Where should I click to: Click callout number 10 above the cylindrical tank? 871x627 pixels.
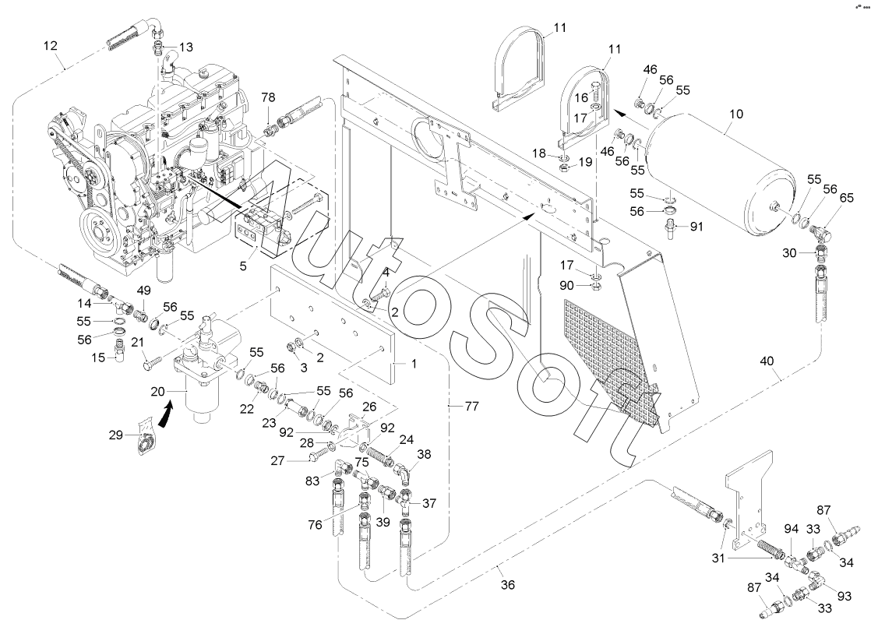[735, 114]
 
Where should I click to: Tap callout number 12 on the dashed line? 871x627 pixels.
[51, 46]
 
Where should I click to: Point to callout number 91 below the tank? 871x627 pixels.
[696, 227]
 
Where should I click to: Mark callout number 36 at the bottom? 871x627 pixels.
[507, 585]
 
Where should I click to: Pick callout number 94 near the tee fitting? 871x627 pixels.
[792, 530]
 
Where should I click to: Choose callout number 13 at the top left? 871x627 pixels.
[185, 48]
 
